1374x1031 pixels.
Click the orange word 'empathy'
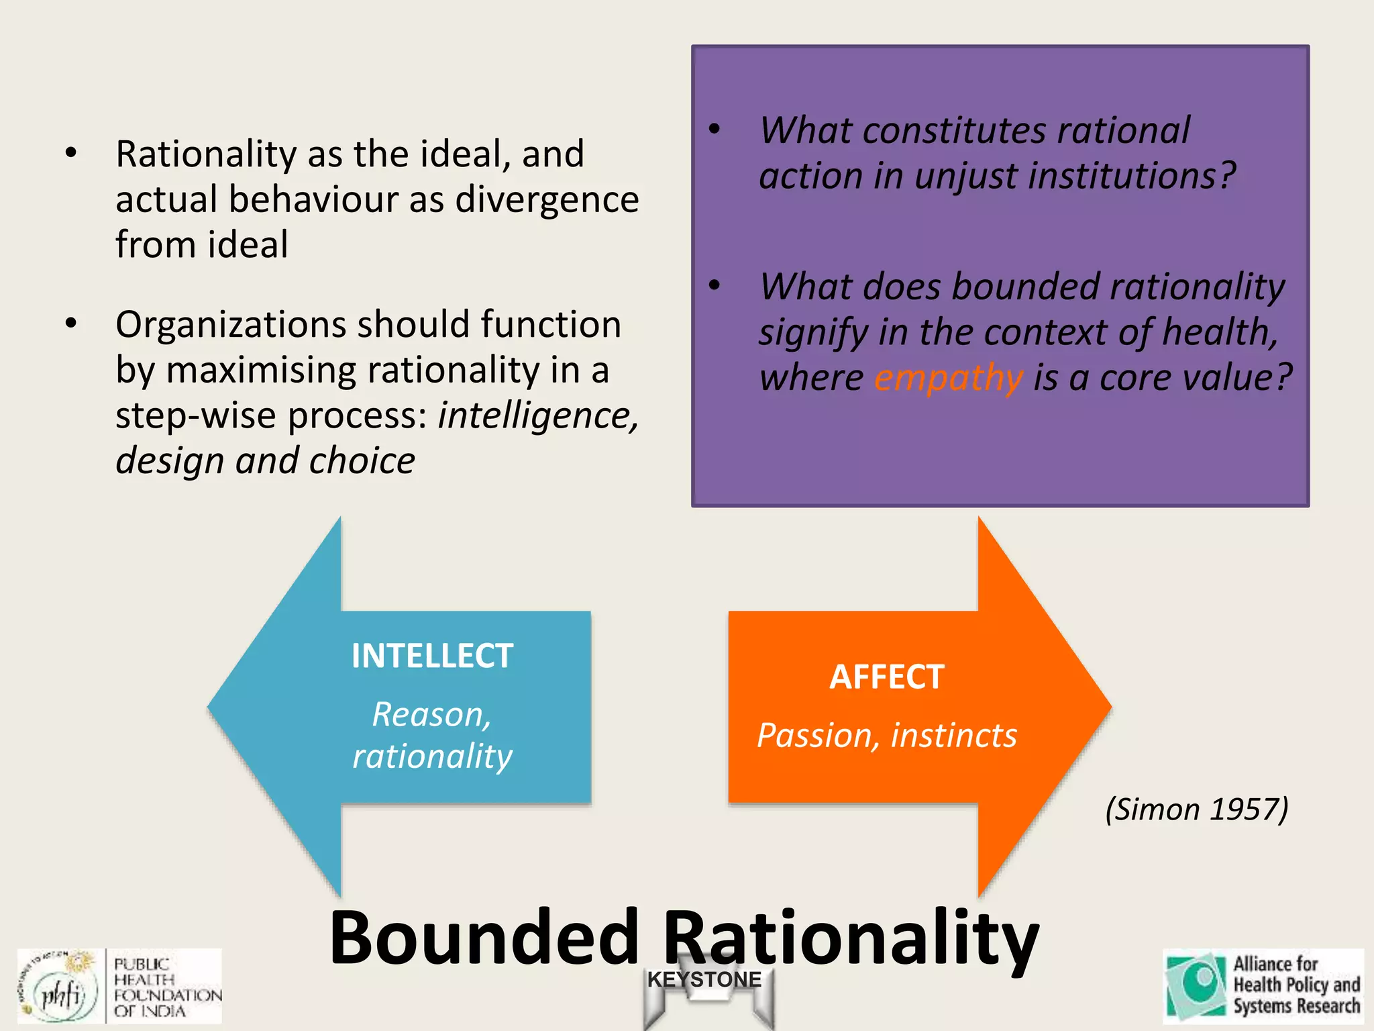coord(948,379)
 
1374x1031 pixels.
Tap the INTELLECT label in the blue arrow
coord(432,656)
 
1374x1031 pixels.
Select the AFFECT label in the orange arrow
coord(886,677)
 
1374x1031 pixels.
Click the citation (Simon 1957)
coord(1196,809)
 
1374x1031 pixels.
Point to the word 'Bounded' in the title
coord(483,937)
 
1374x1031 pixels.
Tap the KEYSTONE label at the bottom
coord(704,979)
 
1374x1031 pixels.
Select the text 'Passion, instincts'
coord(886,736)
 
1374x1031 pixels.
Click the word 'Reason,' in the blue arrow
coord(431,714)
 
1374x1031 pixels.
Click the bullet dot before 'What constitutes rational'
coord(715,129)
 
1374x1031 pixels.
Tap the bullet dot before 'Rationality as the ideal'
coord(71,153)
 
